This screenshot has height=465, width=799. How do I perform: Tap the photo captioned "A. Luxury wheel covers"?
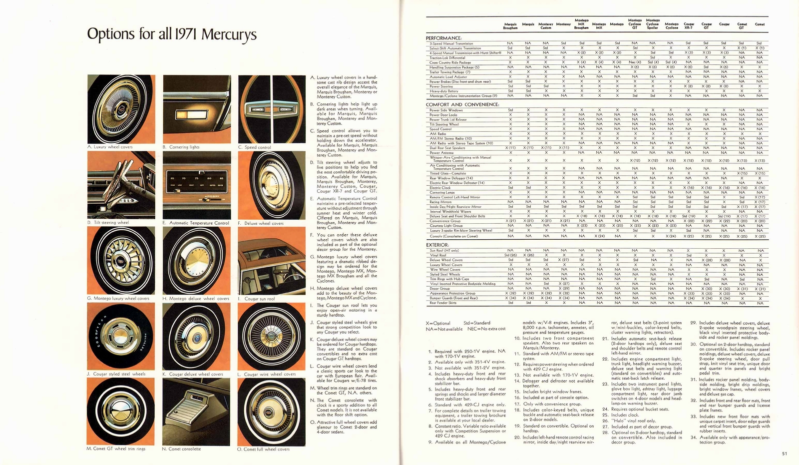click(x=121, y=109)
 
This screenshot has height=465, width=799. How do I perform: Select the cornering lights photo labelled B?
click(x=196, y=109)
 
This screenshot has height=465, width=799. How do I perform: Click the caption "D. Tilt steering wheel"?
click(x=108, y=223)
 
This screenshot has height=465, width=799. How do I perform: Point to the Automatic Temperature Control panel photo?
click(x=196, y=185)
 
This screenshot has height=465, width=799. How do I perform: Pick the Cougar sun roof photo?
click(x=272, y=260)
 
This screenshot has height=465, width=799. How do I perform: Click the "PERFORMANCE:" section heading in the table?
click(x=443, y=38)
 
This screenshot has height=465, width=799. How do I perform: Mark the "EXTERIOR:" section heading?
click(x=437, y=245)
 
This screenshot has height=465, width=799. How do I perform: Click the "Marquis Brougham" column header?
click(x=510, y=26)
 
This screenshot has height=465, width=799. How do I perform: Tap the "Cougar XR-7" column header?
click(x=689, y=26)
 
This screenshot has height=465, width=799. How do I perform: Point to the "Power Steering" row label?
click(x=441, y=86)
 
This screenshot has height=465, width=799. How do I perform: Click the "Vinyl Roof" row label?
click(x=438, y=255)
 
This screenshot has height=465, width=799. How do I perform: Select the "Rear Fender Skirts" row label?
click(x=443, y=303)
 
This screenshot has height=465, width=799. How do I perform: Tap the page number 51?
click(x=785, y=454)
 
